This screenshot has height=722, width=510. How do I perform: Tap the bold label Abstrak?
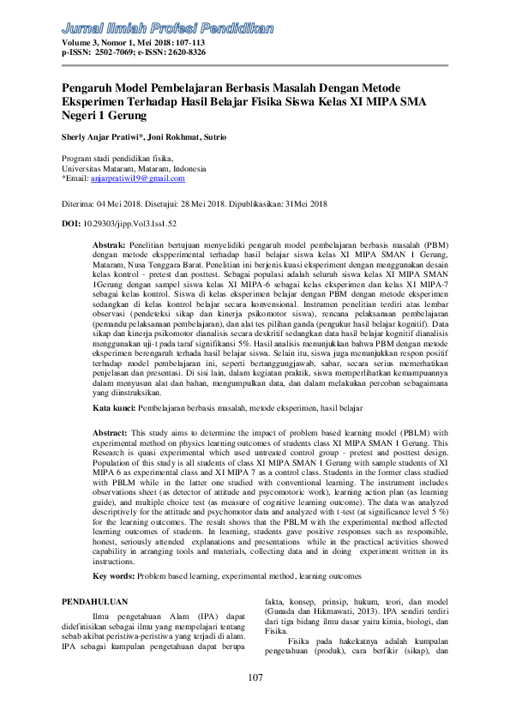109,244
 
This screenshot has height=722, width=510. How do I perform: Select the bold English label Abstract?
111,434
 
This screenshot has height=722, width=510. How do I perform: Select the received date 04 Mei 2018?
125,205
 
